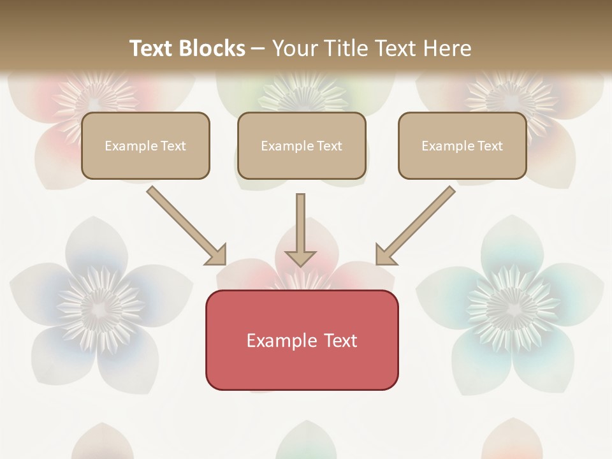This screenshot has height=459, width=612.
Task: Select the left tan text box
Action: pos(145,145)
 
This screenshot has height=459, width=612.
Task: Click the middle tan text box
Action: pos(302,145)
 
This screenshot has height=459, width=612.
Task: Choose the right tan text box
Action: pos(462,145)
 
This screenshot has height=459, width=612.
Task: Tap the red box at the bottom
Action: pos(302,340)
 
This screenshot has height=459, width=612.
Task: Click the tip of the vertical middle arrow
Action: pos(300,264)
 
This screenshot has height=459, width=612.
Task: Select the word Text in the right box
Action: pos(490,146)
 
